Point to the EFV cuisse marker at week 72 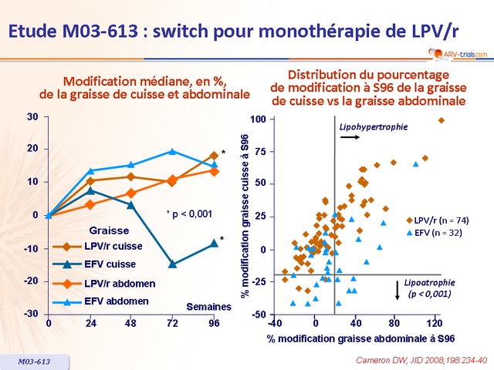[173, 264]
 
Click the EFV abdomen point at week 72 [173, 151]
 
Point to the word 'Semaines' [208, 307]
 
